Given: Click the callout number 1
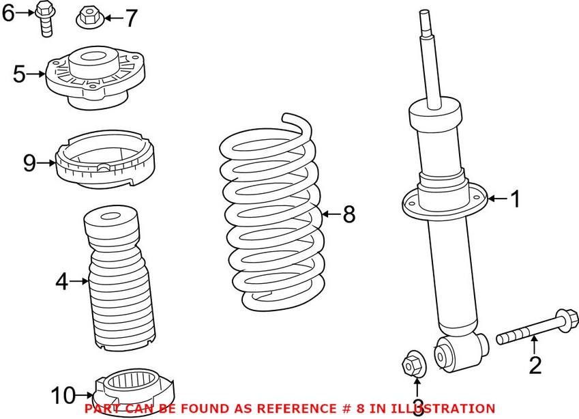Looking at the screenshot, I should tap(515, 199).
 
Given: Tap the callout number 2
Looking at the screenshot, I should tap(535, 366).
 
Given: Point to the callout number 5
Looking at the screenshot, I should tap(20, 74).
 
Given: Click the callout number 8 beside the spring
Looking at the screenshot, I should tap(348, 215).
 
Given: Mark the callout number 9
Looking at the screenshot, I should tap(29, 162).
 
